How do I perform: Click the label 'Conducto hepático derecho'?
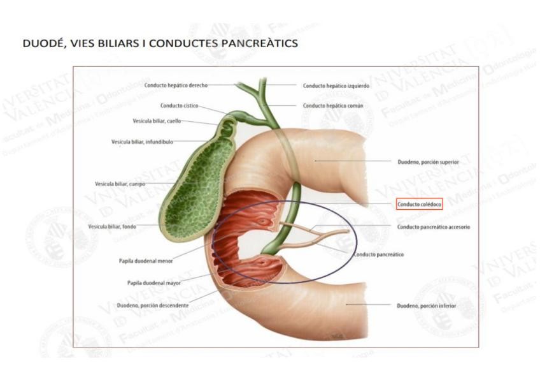tap(176, 85)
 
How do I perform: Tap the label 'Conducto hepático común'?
tap(333, 105)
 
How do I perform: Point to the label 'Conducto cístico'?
tap(180, 106)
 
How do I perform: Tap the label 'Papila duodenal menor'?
tap(145, 260)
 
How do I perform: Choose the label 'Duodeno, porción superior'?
tap(428, 162)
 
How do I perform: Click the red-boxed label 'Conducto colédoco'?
tap(418, 204)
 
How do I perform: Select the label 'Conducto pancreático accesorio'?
tap(434, 226)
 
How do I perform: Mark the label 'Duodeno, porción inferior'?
tap(426, 305)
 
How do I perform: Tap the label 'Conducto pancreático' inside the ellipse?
tap(378, 254)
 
